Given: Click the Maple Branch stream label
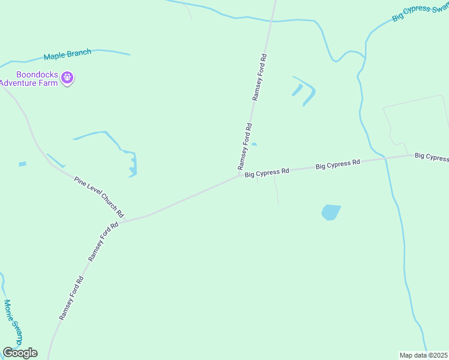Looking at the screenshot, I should point(67,56).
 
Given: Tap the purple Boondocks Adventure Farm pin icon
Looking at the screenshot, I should point(68,77).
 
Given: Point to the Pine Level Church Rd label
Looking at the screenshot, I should point(99,196).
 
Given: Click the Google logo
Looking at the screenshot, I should point(20,353).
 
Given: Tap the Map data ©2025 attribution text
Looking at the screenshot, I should point(424,355).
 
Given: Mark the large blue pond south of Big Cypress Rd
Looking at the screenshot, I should point(330,212).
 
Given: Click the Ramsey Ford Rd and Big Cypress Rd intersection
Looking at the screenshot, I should point(239,176).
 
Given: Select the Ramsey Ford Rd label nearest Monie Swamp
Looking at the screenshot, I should point(71,298).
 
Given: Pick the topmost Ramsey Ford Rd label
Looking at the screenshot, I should point(259,78).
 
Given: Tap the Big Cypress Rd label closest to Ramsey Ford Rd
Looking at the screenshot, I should point(267,173).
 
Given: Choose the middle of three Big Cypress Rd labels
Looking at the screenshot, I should point(338,163).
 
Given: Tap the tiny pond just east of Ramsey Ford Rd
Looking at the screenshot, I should point(254,144).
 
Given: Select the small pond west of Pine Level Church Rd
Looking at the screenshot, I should point(23,164).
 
